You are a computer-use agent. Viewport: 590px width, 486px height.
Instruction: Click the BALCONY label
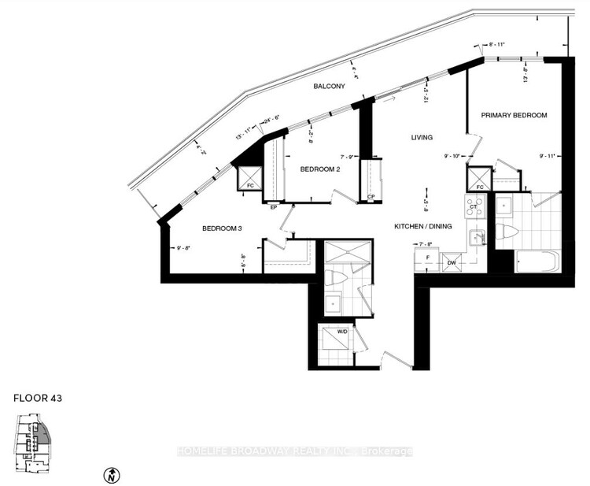pos(329,87)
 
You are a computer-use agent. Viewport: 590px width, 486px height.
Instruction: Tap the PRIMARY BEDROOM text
pos(514,116)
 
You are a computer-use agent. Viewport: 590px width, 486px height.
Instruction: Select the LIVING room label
pos(422,137)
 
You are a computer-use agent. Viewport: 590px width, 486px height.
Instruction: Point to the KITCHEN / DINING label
pos(422,227)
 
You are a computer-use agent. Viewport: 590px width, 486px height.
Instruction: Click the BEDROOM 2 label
pos(320,169)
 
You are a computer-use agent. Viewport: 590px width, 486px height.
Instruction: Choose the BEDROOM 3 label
pos(221,228)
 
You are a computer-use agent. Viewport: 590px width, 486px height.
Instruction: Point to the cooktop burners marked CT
pos(475,206)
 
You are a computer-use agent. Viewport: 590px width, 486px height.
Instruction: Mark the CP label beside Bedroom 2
pos(371,197)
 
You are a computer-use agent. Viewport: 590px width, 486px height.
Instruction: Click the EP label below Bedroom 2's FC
pos(273,207)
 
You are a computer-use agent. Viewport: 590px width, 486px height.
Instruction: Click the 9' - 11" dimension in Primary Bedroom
pos(547,156)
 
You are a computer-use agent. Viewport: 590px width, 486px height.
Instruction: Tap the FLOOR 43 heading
pos(37,399)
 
